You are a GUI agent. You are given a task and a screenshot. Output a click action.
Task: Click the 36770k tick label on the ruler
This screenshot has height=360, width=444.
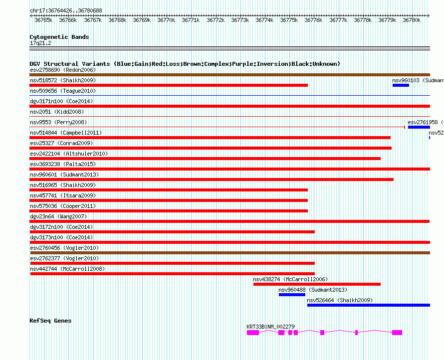[166, 20]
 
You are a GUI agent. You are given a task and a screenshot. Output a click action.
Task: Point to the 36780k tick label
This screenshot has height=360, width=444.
[412, 20]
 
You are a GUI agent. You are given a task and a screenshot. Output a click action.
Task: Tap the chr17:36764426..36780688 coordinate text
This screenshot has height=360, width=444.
[66, 10]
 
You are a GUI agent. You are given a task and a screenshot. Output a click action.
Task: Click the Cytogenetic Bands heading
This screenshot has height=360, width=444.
[59, 37]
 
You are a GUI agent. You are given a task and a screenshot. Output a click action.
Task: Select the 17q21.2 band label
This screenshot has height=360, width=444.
[40, 43]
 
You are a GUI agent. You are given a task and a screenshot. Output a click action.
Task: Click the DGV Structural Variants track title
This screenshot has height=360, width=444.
[185, 64]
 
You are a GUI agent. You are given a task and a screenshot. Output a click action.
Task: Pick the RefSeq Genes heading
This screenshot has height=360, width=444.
[50, 321]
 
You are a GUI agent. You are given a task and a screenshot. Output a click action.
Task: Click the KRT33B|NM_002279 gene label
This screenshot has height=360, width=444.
[270, 327]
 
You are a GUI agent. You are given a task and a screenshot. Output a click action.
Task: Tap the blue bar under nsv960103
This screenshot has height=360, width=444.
[401, 85]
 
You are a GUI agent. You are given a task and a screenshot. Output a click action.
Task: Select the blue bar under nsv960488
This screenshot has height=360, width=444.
[292, 295]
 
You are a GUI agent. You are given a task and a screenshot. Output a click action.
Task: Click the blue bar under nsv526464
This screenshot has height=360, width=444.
[368, 305]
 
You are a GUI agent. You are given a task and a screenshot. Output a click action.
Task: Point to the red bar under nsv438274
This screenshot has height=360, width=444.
[317, 284]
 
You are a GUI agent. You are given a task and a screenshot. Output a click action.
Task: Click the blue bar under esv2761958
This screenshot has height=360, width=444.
[419, 127]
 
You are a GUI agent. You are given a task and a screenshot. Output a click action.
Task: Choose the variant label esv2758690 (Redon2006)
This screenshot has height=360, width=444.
[63, 70]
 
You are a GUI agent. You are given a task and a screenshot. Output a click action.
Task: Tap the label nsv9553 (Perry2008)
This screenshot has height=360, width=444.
[58, 122]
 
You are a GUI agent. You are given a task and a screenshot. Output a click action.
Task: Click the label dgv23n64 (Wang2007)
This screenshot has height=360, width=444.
[58, 216]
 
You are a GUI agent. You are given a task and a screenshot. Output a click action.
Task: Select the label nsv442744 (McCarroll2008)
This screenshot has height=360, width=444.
[67, 269]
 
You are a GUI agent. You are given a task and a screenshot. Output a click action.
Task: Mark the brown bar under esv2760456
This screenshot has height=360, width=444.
[229, 253]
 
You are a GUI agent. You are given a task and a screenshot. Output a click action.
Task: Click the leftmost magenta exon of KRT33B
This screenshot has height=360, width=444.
[253, 333]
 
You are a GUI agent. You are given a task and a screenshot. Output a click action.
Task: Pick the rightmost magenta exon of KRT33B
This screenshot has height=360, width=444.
[397, 333]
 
